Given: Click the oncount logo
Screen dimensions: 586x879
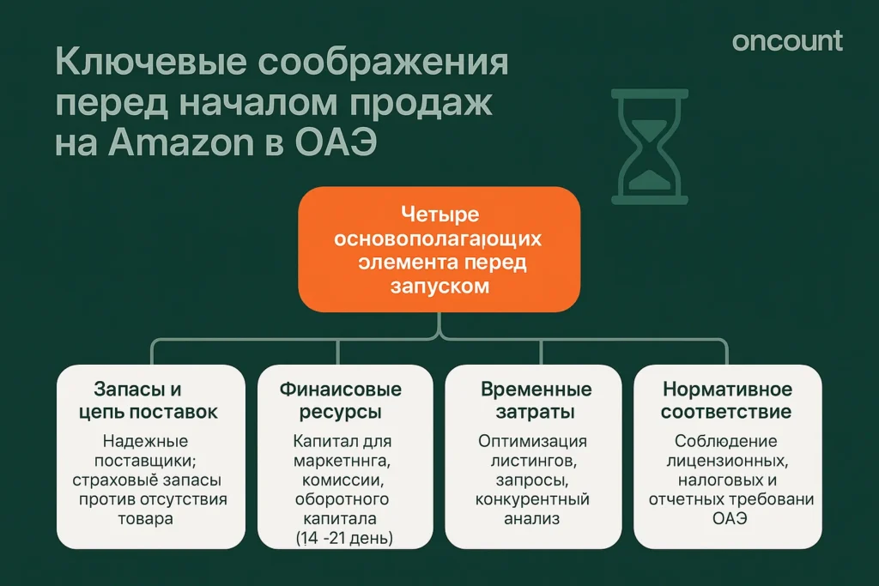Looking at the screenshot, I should pos(787,41).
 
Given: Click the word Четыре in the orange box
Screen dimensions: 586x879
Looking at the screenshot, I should pos(439,214).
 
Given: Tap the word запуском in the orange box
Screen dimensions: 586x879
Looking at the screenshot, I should pos(439,287).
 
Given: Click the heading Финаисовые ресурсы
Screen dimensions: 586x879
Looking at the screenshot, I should pos(340,401).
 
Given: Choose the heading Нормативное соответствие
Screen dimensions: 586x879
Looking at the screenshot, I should pos(726,401).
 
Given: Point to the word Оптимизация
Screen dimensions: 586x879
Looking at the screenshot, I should pos(532,442).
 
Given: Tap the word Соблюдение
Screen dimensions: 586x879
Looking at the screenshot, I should pos(726,442).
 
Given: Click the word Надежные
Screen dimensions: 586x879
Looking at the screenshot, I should pos(146,442).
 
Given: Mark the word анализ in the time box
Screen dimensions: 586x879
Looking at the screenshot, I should pos(532,518).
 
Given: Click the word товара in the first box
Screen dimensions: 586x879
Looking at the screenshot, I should pos(146,518).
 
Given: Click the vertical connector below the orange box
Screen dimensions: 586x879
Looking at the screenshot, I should pos(439,326).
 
